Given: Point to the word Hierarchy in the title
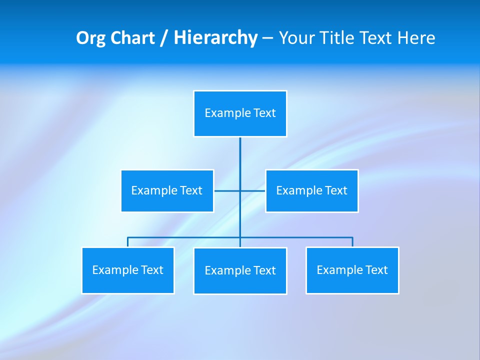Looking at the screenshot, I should pos(215,38).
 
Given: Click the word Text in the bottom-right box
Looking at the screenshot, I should pos(376,270).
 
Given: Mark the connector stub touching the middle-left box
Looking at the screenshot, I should pos(222,190).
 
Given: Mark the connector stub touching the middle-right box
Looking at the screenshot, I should pos(257,190).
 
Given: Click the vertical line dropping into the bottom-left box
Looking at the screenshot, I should pos(128,242).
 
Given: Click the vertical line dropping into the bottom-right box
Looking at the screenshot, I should pos(352,242).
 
